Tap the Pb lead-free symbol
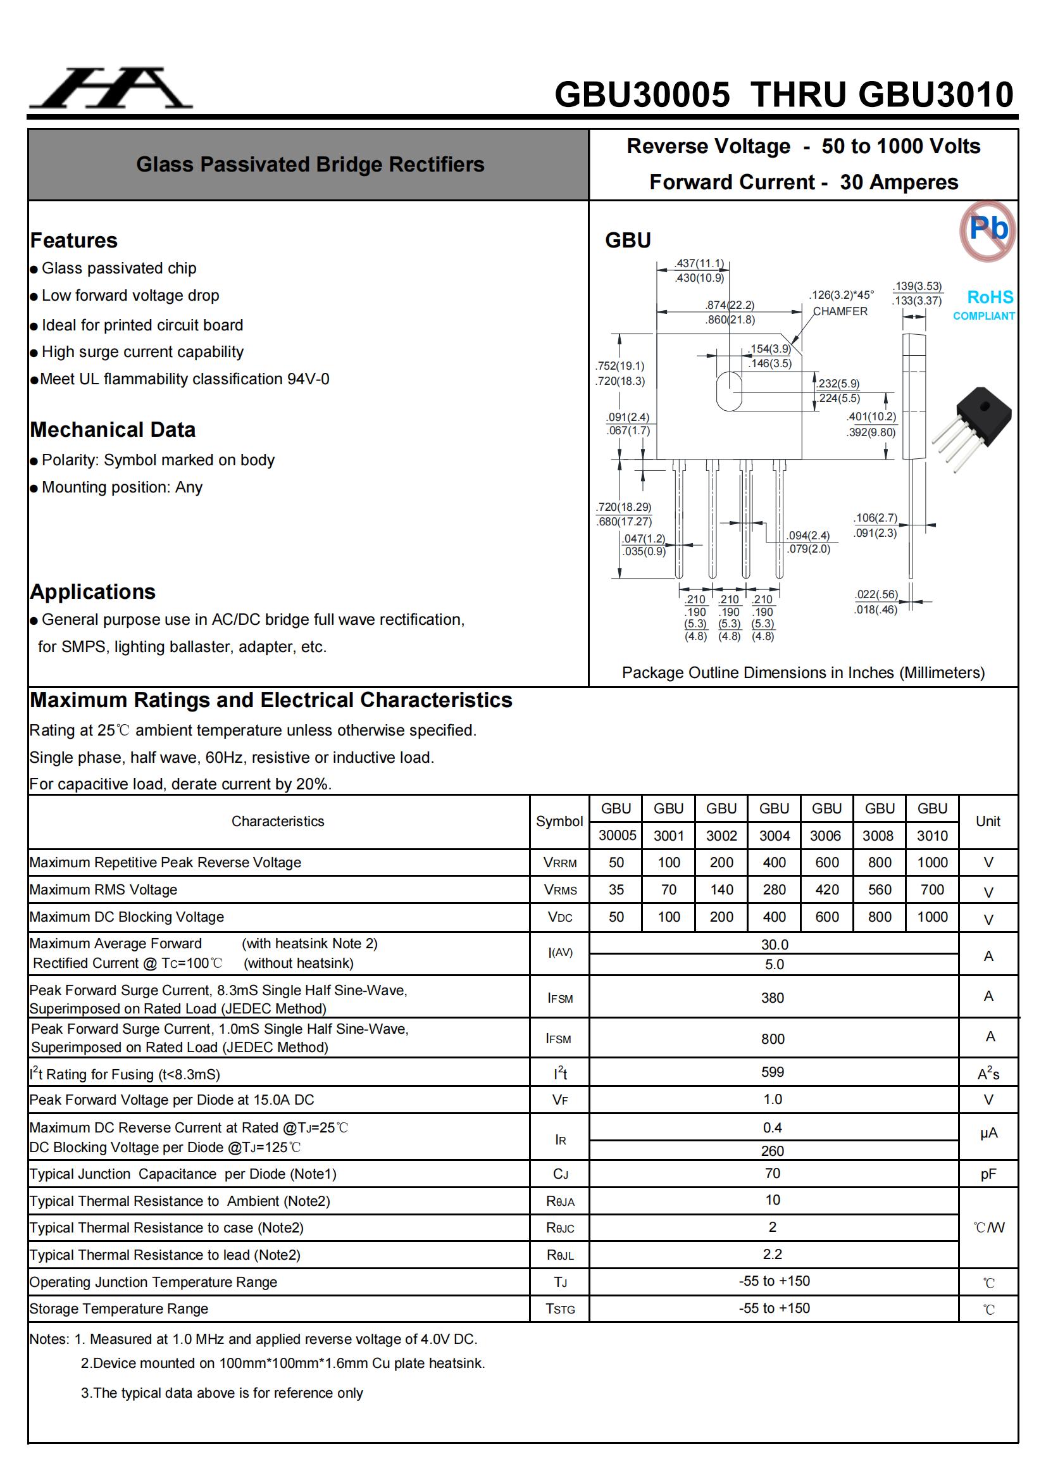[x=987, y=230]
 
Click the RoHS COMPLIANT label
[x=985, y=304]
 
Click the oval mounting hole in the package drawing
[x=729, y=391]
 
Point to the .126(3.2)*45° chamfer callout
[x=841, y=295]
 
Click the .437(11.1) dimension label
[x=699, y=263]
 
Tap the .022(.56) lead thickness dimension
[x=876, y=594]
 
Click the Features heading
[x=74, y=241]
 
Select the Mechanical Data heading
[x=113, y=429]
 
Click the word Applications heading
[x=93, y=591]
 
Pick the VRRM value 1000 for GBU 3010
[x=932, y=862]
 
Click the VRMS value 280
[x=774, y=889]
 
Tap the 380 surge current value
[x=773, y=998]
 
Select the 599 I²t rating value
[x=773, y=1072]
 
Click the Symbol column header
[x=559, y=821]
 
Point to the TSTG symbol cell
[x=559, y=1308]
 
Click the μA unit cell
[x=988, y=1133]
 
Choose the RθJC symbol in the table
[x=559, y=1228]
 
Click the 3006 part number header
[x=826, y=836]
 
